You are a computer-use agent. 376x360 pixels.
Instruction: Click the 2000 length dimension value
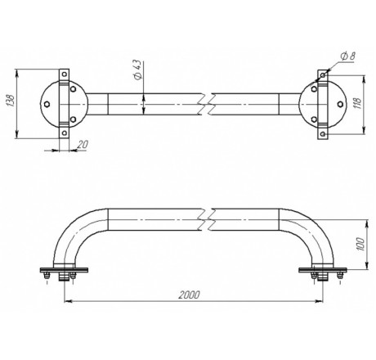(190, 295)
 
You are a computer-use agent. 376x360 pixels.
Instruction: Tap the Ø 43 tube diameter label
(138, 70)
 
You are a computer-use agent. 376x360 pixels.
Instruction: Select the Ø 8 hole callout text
(348, 56)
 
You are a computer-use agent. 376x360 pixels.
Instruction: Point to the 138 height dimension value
(10, 101)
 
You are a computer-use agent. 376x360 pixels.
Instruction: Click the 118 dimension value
(357, 102)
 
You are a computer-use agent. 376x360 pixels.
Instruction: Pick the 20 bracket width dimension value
(83, 144)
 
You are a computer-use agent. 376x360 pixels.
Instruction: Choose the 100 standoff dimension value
(360, 244)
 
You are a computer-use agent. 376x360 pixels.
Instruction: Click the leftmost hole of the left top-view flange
(47, 104)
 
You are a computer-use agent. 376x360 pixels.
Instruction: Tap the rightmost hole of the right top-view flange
(340, 104)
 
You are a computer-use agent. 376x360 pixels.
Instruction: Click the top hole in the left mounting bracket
(65, 74)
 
